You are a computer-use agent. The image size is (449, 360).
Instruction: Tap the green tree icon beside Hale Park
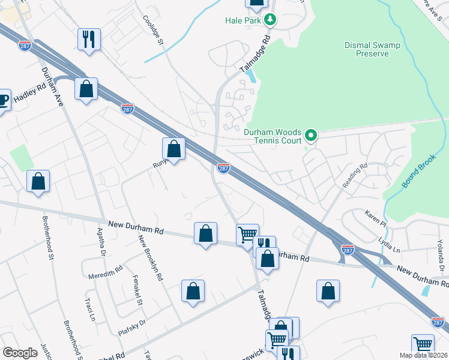click(x=270, y=20)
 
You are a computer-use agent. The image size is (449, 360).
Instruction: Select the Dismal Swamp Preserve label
click(x=375, y=49)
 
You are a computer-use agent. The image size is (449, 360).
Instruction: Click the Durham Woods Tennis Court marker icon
click(x=310, y=135)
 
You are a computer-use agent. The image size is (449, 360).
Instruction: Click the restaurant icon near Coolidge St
click(x=89, y=40)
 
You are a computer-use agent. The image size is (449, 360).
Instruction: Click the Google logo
click(x=20, y=352)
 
